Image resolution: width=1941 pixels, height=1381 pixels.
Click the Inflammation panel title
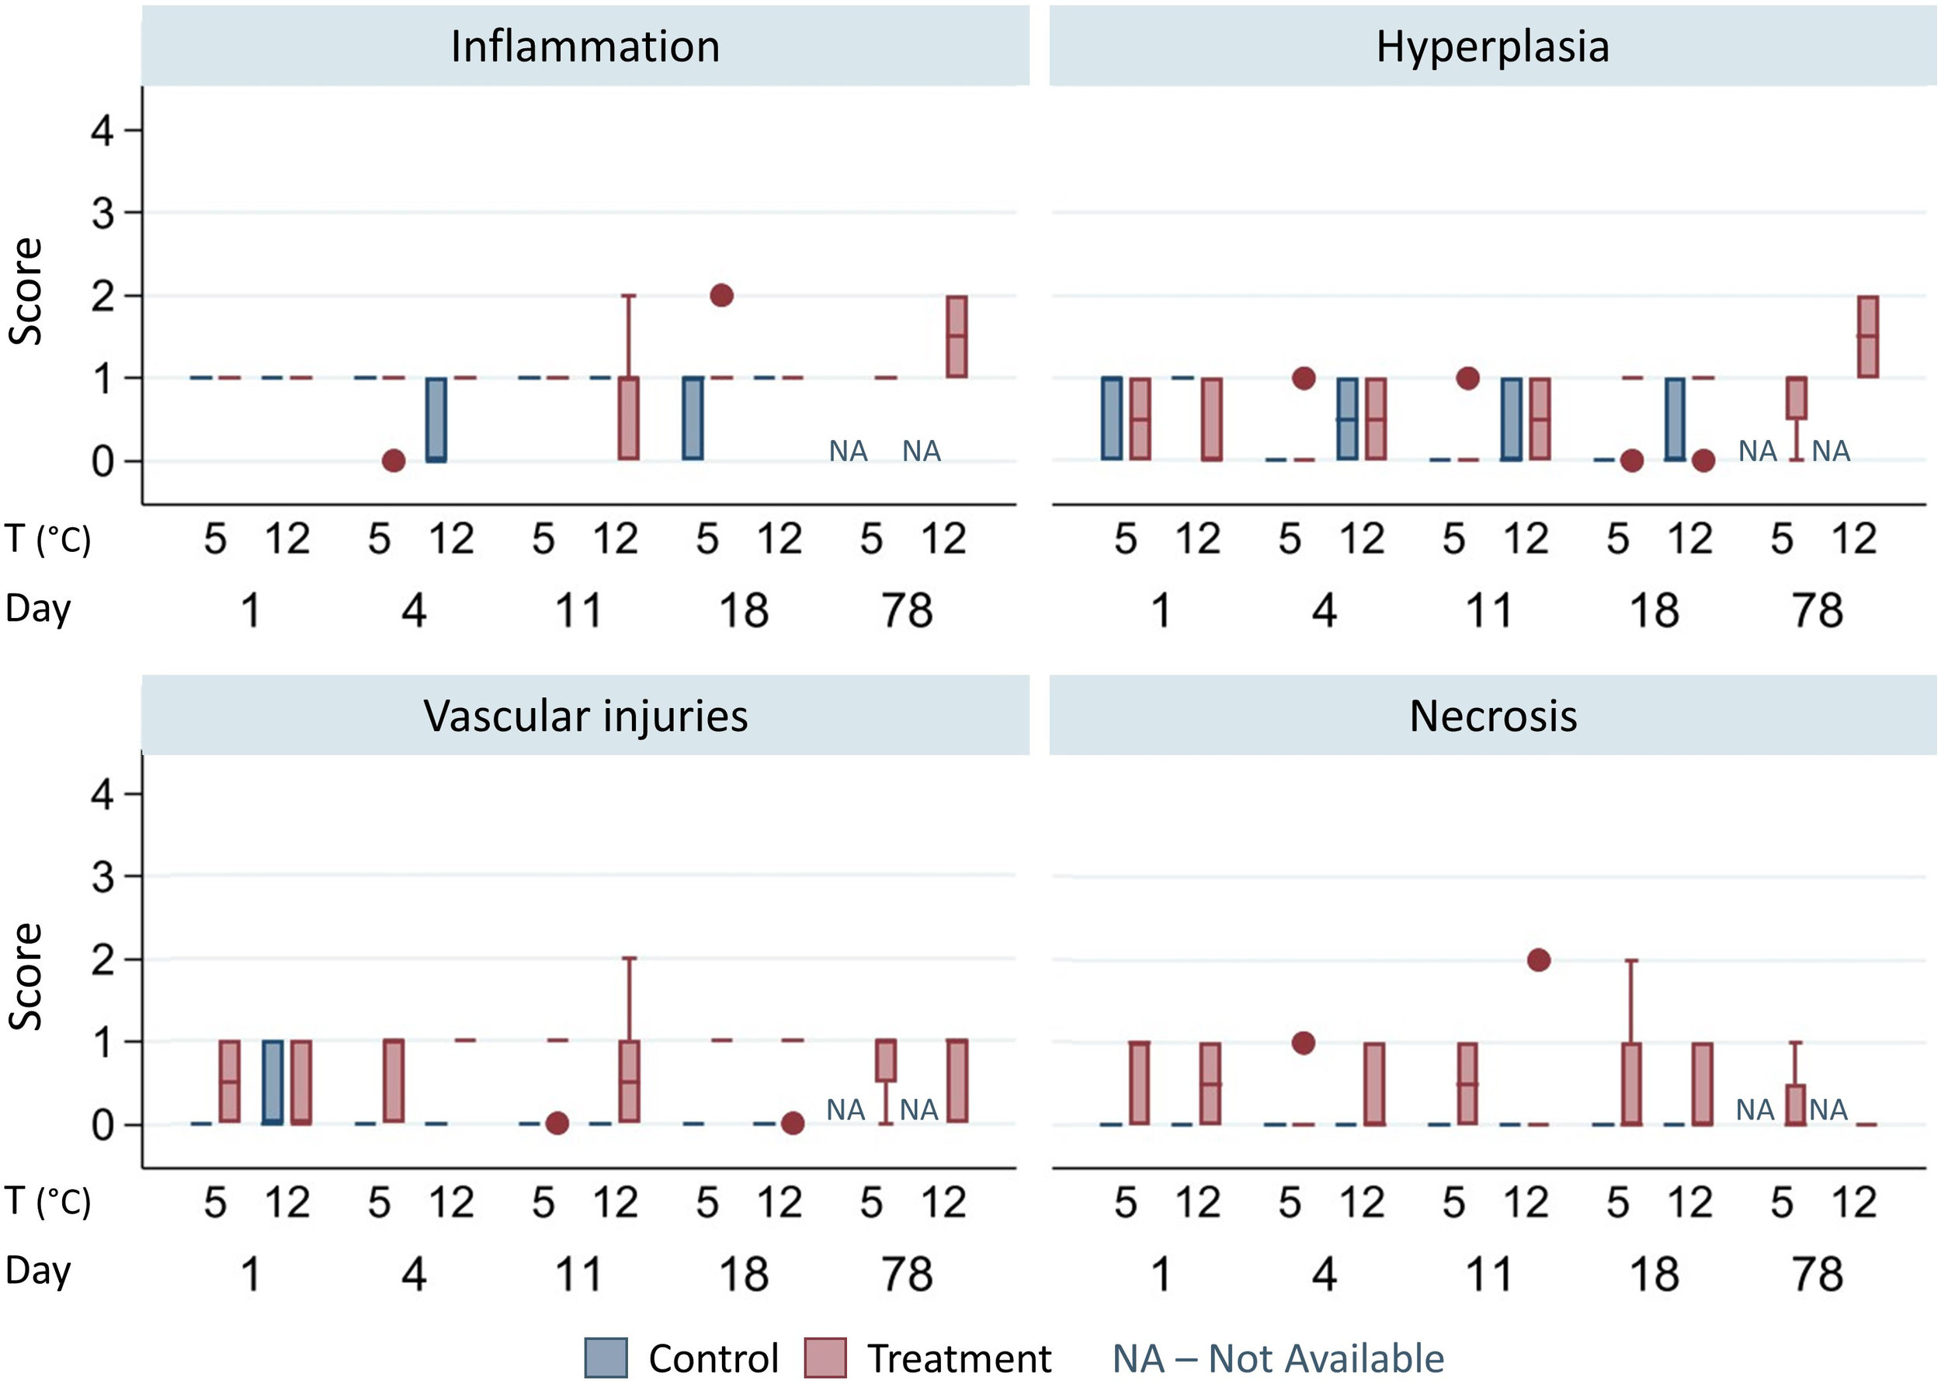click(x=585, y=46)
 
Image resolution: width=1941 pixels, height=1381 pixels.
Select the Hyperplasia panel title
click(x=1492, y=46)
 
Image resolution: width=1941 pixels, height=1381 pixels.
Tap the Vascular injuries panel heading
click(x=585, y=716)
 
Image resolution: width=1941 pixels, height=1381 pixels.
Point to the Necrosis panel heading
click(x=1492, y=716)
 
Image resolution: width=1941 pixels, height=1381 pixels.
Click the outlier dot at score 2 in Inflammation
click(x=720, y=295)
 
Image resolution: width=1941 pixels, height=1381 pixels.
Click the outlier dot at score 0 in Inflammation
click(x=393, y=460)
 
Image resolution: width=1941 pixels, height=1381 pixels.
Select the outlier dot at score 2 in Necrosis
click(x=1538, y=960)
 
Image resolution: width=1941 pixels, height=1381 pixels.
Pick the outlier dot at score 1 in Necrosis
click(x=1302, y=1043)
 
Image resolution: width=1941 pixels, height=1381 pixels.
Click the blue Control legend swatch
click(x=606, y=1357)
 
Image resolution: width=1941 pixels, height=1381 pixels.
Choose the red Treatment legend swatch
click(x=825, y=1357)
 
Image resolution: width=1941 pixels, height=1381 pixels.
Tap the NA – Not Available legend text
click(x=1277, y=1358)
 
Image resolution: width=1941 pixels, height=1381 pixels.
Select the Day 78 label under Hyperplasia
click(x=1817, y=611)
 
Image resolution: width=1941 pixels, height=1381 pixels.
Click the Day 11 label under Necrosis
click(x=1488, y=1274)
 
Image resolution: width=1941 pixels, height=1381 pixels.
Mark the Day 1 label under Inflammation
click(x=250, y=611)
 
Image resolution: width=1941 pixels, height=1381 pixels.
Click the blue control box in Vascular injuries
click(x=273, y=1081)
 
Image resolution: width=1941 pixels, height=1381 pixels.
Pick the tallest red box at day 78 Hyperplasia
click(x=1868, y=337)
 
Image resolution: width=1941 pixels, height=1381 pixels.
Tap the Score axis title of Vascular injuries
click(x=26, y=977)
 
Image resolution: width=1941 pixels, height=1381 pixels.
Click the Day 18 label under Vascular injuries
click(x=743, y=1274)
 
